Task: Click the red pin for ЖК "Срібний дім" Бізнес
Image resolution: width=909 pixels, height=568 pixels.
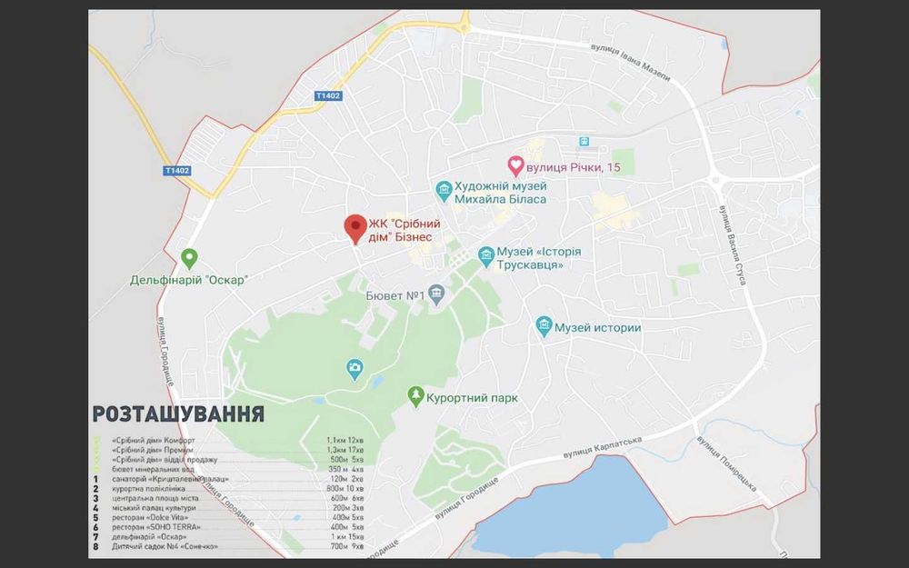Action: [355, 226]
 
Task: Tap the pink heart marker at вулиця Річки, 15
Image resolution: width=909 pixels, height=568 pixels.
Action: [515, 165]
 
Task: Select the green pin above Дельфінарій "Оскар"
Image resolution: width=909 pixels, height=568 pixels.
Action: [189, 259]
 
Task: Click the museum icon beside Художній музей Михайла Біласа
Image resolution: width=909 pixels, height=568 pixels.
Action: [444, 190]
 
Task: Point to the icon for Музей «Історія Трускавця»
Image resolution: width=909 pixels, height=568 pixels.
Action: [486, 255]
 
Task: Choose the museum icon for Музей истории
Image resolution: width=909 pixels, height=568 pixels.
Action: [544, 326]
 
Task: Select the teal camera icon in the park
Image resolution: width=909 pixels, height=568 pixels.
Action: [355, 368]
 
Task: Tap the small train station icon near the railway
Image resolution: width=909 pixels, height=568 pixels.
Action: [584, 141]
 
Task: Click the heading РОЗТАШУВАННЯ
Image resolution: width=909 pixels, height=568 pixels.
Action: [178, 414]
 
